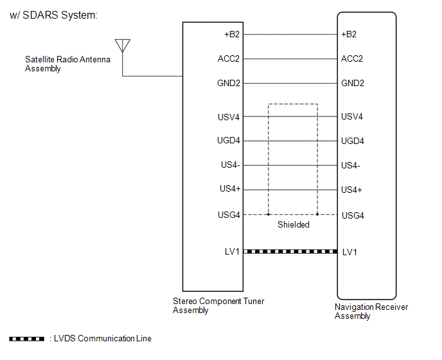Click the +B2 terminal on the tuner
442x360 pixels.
[x=231, y=34]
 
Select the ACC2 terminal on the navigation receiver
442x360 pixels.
[x=352, y=59]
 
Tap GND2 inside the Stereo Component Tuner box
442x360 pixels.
[x=229, y=83]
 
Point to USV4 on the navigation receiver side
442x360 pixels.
[x=352, y=116]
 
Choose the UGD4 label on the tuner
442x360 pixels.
[x=229, y=141]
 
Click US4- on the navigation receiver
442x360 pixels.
[x=351, y=165]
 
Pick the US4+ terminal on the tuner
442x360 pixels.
[x=230, y=190]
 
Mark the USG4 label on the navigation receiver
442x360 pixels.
[x=353, y=215]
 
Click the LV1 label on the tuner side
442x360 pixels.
[x=232, y=251]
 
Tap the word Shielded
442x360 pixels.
[x=294, y=225]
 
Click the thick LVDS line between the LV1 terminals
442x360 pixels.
[x=290, y=251]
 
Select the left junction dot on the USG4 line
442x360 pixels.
[x=269, y=214]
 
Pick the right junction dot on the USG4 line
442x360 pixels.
[x=317, y=214]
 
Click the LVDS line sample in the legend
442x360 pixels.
[x=26, y=339]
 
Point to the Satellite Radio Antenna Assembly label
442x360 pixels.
[x=67, y=64]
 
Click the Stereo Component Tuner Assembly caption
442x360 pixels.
[x=218, y=305]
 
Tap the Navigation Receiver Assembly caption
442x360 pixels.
[x=371, y=312]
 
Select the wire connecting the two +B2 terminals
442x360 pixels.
[x=290, y=34]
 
